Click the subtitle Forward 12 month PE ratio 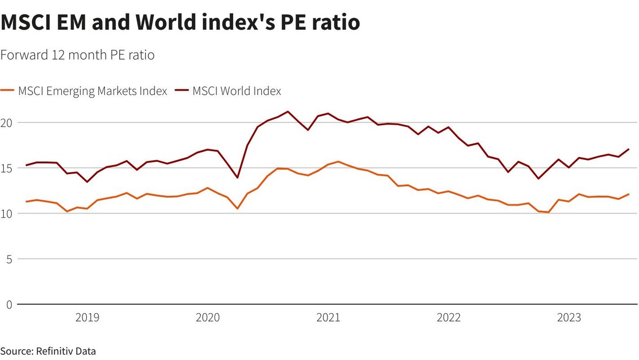pyautogui.click(x=78, y=55)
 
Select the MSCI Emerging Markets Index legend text pyautogui.click(x=93, y=91)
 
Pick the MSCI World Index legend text pyautogui.click(x=236, y=91)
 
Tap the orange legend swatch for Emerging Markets pyautogui.click(x=8, y=91)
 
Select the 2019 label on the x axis pyautogui.click(x=87, y=318)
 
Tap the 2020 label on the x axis pyautogui.click(x=208, y=318)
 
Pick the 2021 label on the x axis pyautogui.click(x=328, y=318)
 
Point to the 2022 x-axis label pyautogui.click(x=448, y=318)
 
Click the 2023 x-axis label pyautogui.click(x=569, y=318)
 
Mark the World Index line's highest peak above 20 pyautogui.click(x=288, y=112)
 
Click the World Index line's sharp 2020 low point pyautogui.click(x=237, y=177)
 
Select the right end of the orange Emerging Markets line pyautogui.click(x=628, y=194)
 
